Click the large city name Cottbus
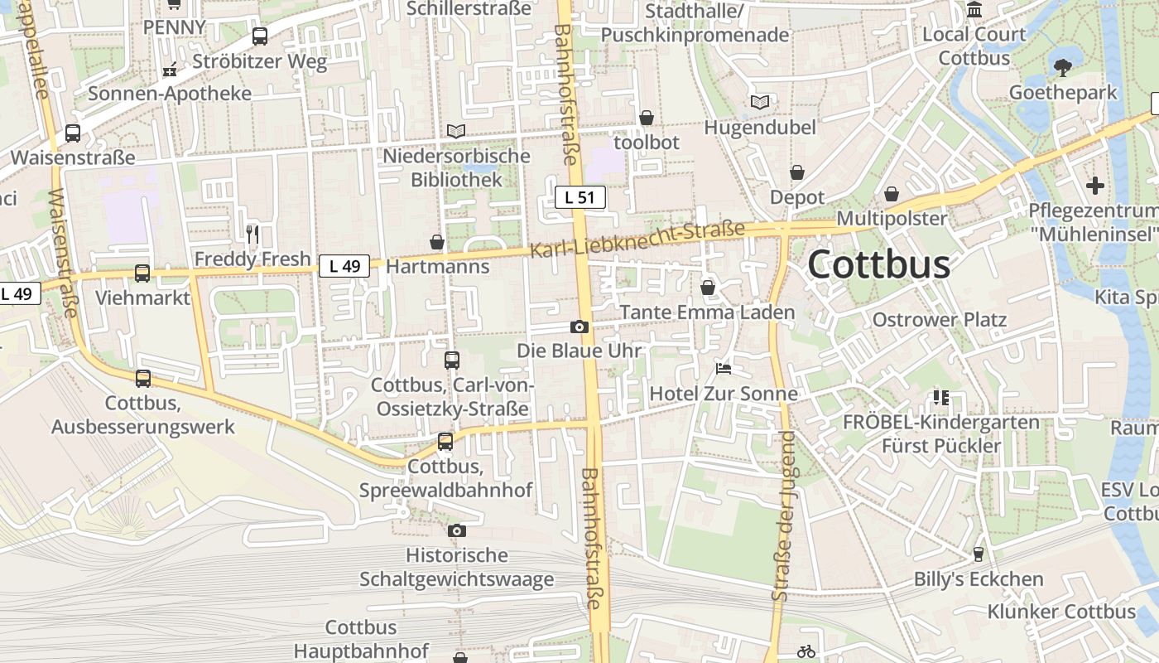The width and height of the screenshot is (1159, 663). [x=878, y=264]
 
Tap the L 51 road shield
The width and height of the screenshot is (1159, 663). [x=580, y=197]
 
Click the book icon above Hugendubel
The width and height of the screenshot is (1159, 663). [x=759, y=102]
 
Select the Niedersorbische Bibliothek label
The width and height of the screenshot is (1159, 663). [x=456, y=167]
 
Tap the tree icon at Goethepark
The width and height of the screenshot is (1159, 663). [x=1063, y=67]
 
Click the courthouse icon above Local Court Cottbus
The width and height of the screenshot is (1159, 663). [x=974, y=10]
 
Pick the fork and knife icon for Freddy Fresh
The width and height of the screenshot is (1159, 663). [x=252, y=234]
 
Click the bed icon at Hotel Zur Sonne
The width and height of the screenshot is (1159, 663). [x=724, y=368]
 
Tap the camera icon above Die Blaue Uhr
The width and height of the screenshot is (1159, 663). [x=579, y=327]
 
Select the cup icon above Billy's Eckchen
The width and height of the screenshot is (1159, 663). [x=979, y=553]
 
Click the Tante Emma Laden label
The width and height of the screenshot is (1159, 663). [x=707, y=312]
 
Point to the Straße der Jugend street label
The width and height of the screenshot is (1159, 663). [x=783, y=515]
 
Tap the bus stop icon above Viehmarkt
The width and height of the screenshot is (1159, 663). [x=142, y=273]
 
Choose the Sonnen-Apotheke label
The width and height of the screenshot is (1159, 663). [x=170, y=93]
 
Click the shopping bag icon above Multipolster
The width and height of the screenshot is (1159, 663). [x=892, y=194]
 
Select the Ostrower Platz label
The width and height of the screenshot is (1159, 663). [x=940, y=320]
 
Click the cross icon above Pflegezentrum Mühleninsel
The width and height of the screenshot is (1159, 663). [x=1095, y=186]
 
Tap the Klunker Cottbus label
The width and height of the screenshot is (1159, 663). [x=1061, y=612]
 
